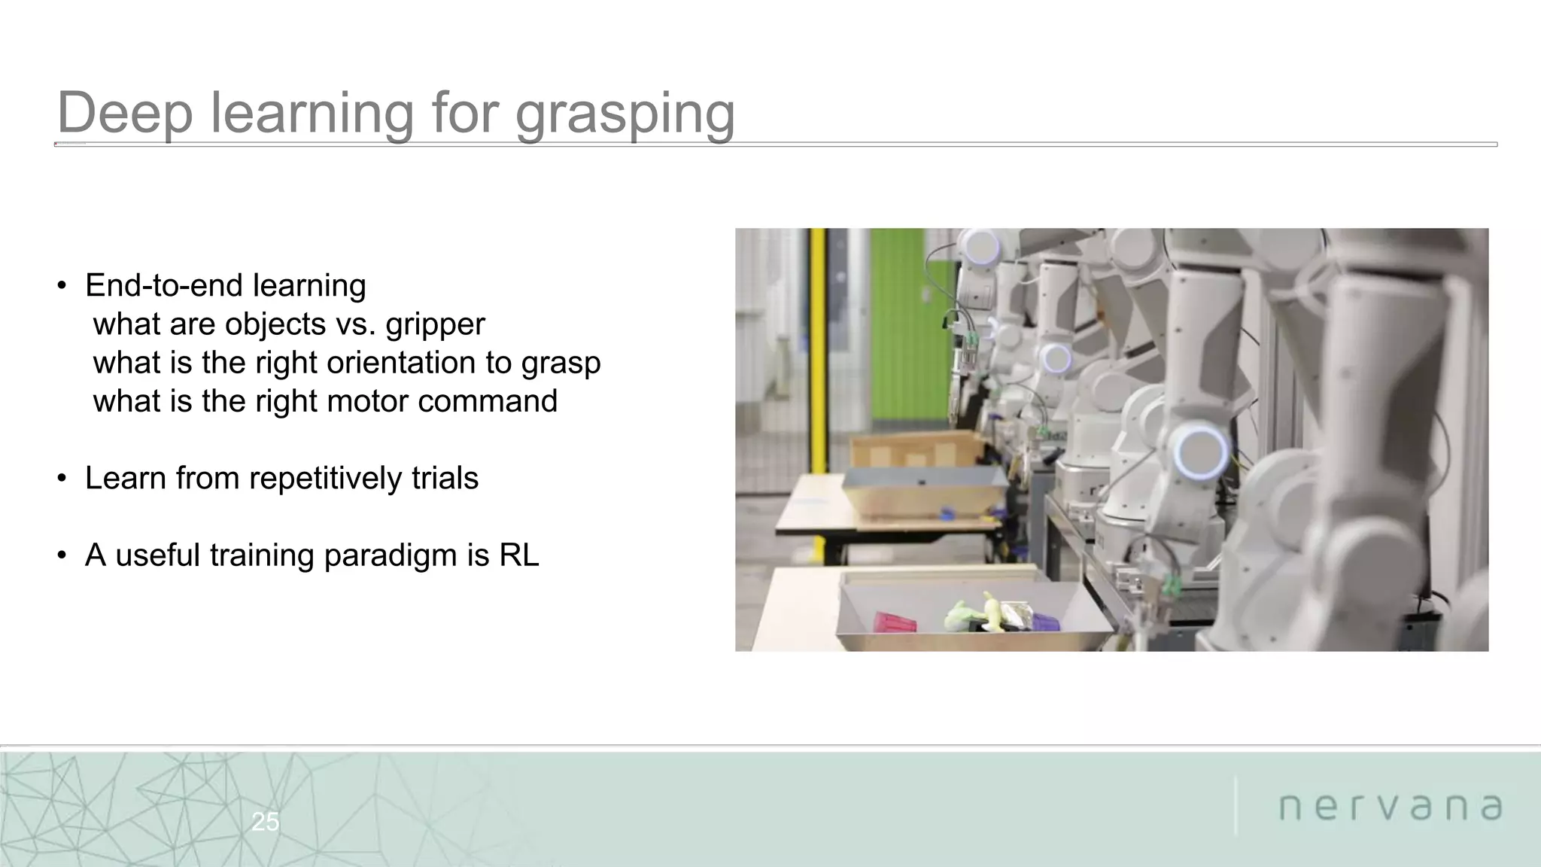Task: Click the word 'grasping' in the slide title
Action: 625,114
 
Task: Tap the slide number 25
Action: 265,822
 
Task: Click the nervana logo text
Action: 1391,807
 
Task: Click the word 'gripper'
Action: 435,325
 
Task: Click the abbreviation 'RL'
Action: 519,555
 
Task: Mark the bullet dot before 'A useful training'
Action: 62,556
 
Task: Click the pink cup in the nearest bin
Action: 895,622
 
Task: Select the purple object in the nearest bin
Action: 1044,622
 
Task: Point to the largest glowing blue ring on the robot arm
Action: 1201,452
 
